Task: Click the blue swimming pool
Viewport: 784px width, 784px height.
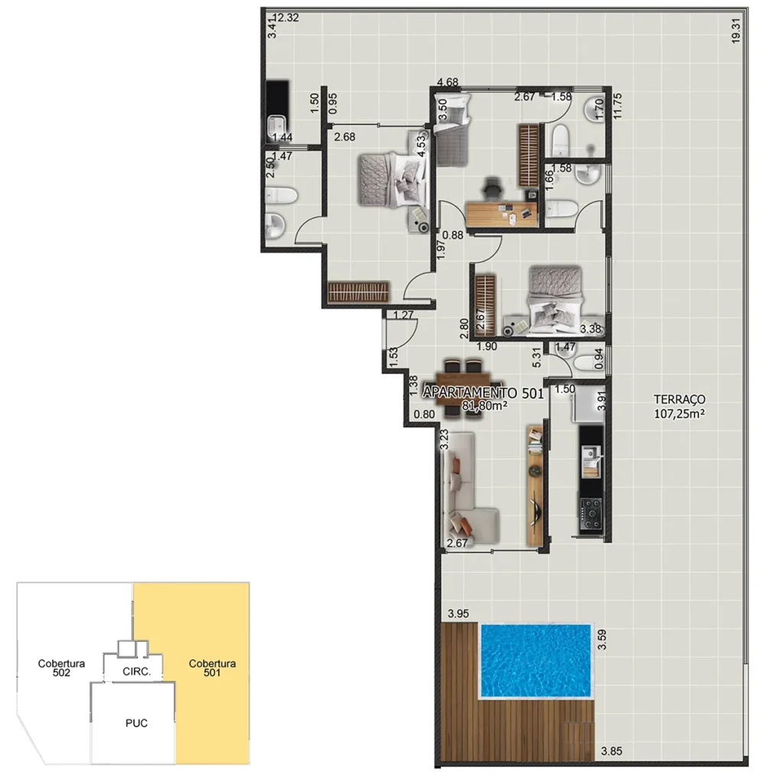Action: click(535, 660)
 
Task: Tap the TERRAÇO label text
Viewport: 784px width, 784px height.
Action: click(679, 399)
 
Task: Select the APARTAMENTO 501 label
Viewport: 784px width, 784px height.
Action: click(482, 394)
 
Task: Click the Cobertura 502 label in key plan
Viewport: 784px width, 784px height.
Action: click(61, 668)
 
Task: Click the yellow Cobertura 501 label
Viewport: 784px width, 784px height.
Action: click(212, 668)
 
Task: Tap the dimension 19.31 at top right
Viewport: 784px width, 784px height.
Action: click(736, 31)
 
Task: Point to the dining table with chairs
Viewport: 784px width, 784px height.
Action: click(465, 380)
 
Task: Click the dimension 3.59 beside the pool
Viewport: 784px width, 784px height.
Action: click(602, 639)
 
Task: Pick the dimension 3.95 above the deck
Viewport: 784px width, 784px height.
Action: click(458, 613)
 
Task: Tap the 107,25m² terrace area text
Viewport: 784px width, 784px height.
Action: click(679, 413)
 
